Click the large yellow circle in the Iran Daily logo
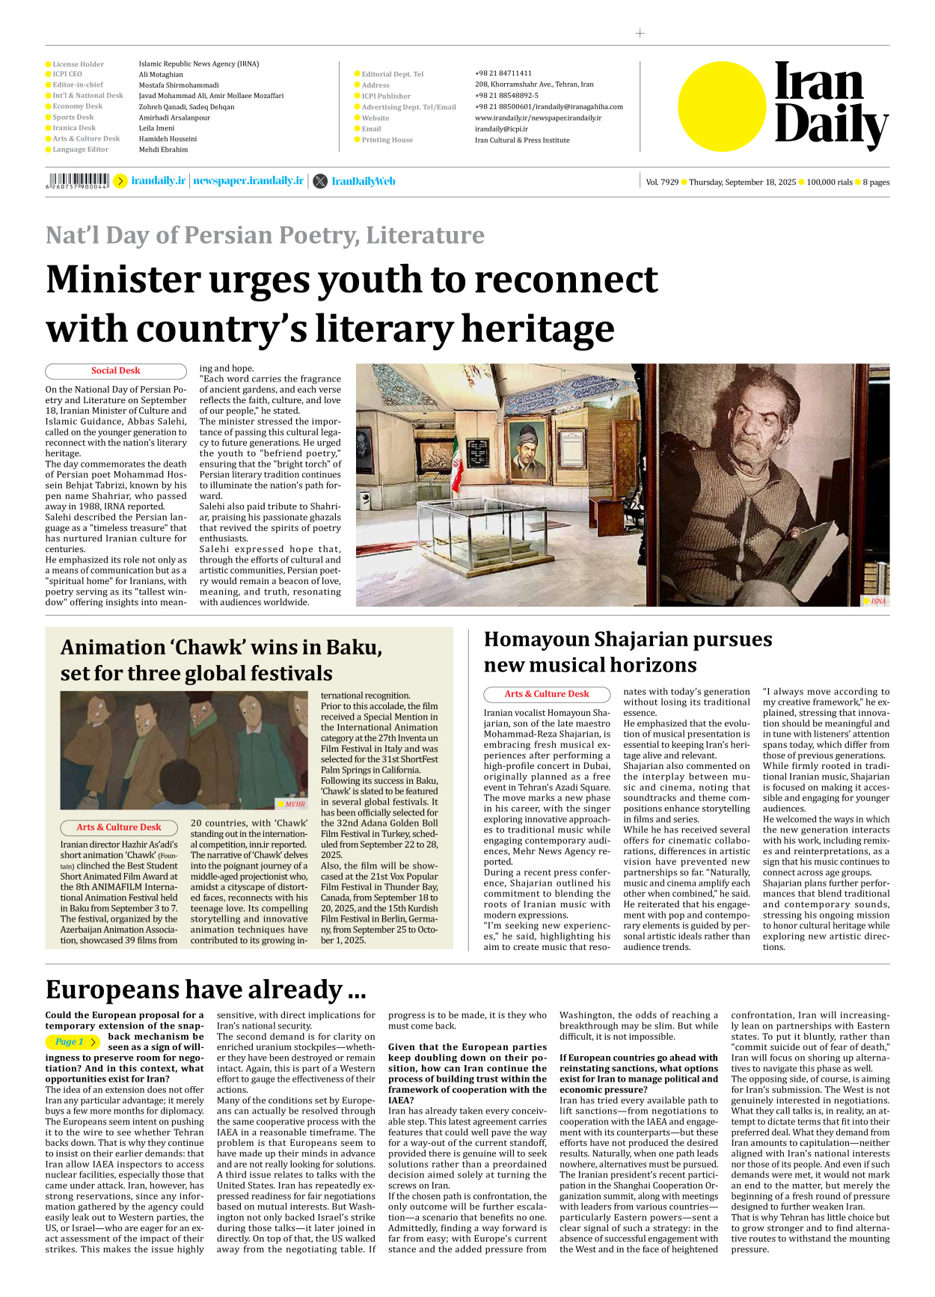(x=722, y=107)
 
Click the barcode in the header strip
(x=77, y=180)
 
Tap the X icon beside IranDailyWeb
(x=320, y=181)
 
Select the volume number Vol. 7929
(x=662, y=183)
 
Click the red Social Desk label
(x=115, y=371)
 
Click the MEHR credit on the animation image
(x=295, y=804)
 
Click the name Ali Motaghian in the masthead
(x=161, y=75)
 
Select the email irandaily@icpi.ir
(x=501, y=129)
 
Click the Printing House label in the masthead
(x=387, y=140)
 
